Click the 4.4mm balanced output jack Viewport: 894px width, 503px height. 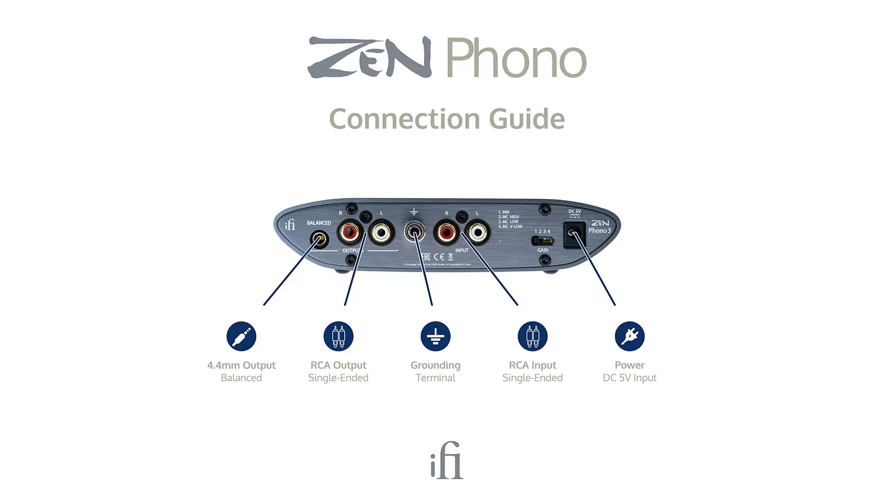tap(319, 240)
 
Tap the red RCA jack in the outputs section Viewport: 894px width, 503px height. tap(350, 231)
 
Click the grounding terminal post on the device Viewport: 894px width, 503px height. tap(414, 232)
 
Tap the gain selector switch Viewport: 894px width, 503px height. tap(542, 241)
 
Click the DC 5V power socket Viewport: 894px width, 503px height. tap(574, 233)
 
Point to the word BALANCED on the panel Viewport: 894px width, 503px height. tap(319, 223)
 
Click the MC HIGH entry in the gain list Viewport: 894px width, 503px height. tap(509, 217)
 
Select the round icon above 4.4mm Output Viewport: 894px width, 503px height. tap(241, 336)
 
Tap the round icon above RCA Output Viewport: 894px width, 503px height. tap(338, 336)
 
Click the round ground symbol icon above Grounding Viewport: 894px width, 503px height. tap(436, 336)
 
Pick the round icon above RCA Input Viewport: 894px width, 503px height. tap(532, 336)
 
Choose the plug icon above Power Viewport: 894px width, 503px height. tap(629, 336)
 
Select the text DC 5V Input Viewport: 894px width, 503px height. tap(629, 378)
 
